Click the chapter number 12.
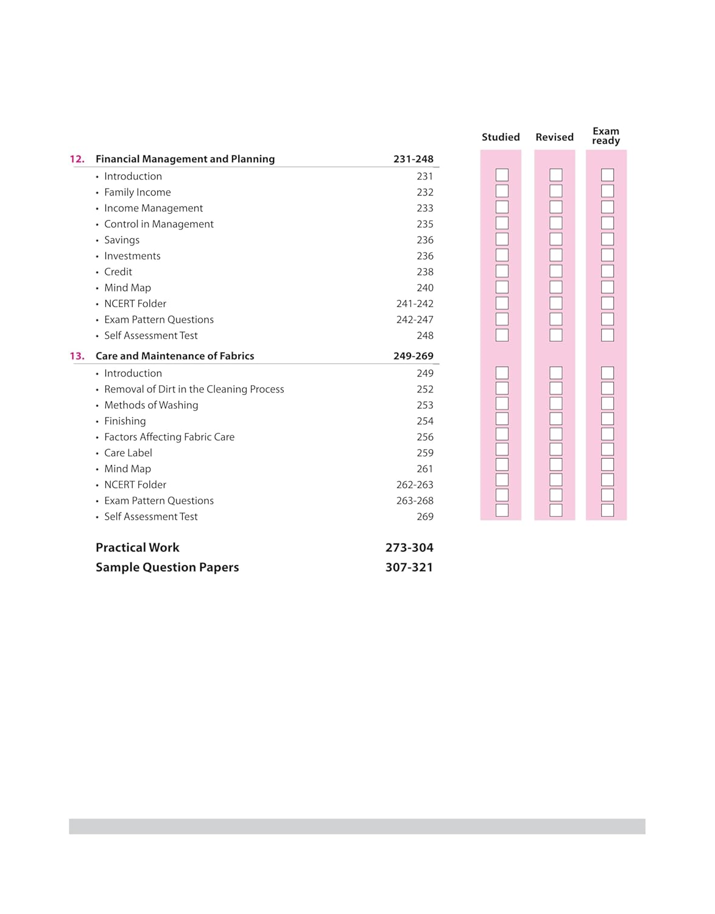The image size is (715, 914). pyautogui.click(x=77, y=159)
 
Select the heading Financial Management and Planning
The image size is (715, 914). pyautogui.click(x=185, y=159)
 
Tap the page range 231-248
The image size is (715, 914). pyautogui.click(x=413, y=159)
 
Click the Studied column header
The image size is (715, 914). pyautogui.click(x=501, y=137)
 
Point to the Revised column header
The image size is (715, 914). pyautogui.click(x=554, y=137)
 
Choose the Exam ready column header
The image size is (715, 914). pyautogui.click(x=606, y=136)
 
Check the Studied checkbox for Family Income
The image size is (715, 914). pyautogui.click(x=502, y=191)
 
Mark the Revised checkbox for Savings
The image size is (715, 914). pyautogui.click(x=556, y=239)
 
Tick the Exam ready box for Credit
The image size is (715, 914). pyautogui.click(x=607, y=271)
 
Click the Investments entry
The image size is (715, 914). pyautogui.click(x=132, y=256)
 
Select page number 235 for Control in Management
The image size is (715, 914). pyautogui.click(x=425, y=224)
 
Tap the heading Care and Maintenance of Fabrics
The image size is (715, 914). pyautogui.click(x=175, y=356)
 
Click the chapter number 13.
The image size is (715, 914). pyautogui.click(x=77, y=356)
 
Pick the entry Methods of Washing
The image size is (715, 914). pyautogui.click(x=151, y=405)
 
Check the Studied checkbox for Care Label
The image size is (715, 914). pyautogui.click(x=502, y=449)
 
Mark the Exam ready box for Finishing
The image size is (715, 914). pyautogui.click(x=607, y=419)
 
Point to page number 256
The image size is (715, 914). pyautogui.click(x=425, y=437)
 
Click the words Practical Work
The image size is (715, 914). pyautogui.click(x=138, y=548)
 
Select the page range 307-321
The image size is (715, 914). pyautogui.click(x=409, y=567)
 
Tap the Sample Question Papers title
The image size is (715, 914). pyautogui.click(x=167, y=567)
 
